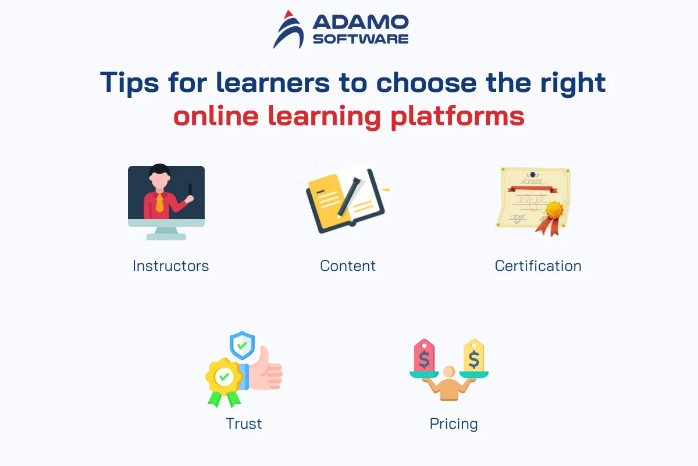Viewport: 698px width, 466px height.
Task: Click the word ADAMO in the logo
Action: (361, 22)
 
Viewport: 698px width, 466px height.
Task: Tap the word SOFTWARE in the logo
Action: (361, 38)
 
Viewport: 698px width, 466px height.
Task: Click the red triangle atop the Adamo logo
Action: (289, 14)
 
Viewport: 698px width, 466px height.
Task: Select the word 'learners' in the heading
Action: (273, 82)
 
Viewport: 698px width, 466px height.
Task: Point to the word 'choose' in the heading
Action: (426, 82)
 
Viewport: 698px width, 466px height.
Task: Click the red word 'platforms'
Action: (457, 116)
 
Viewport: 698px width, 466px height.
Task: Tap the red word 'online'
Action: (216, 115)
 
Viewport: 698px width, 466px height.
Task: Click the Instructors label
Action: (171, 266)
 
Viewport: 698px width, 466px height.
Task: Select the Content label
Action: (348, 266)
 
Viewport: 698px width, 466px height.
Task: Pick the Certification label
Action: (538, 266)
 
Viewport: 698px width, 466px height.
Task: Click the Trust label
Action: (244, 424)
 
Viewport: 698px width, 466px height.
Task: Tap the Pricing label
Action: (454, 424)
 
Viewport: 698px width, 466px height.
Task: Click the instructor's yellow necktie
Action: (159, 203)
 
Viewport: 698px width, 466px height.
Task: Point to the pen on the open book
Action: (348, 197)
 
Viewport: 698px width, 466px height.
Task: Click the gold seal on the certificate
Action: (554, 210)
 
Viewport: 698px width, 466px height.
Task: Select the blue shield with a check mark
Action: (242, 345)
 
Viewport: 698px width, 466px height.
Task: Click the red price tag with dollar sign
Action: (424, 355)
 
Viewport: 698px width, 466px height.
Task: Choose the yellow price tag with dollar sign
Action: (473, 355)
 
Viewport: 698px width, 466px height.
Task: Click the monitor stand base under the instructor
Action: (166, 237)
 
